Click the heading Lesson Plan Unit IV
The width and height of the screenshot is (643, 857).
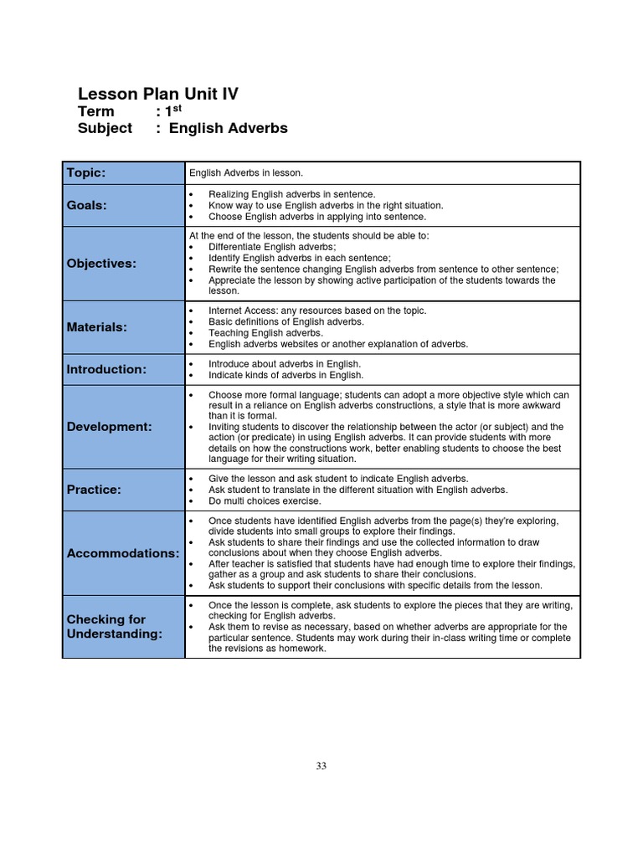click(157, 95)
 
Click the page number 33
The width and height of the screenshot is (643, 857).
click(321, 766)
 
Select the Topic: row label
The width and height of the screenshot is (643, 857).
click(86, 172)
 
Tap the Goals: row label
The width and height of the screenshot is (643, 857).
click(87, 205)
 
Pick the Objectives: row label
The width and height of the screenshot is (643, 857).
click(101, 264)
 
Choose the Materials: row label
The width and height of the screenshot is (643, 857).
click(97, 327)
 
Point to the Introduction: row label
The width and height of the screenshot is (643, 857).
click(106, 369)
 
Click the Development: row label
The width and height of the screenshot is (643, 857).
click(109, 427)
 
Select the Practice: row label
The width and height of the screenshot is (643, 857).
click(94, 490)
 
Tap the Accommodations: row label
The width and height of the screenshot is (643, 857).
click(122, 553)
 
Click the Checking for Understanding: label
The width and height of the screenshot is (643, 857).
click(114, 627)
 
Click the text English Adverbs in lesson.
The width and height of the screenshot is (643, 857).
click(246, 173)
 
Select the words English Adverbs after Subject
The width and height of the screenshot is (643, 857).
click(228, 129)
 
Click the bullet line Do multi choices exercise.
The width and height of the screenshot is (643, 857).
click(265, 501)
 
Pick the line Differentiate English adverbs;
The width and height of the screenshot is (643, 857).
click(272, 247)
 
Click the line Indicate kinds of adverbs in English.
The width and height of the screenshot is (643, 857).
click(285, 375)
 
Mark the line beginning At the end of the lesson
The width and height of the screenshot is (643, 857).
click(308, 236)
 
